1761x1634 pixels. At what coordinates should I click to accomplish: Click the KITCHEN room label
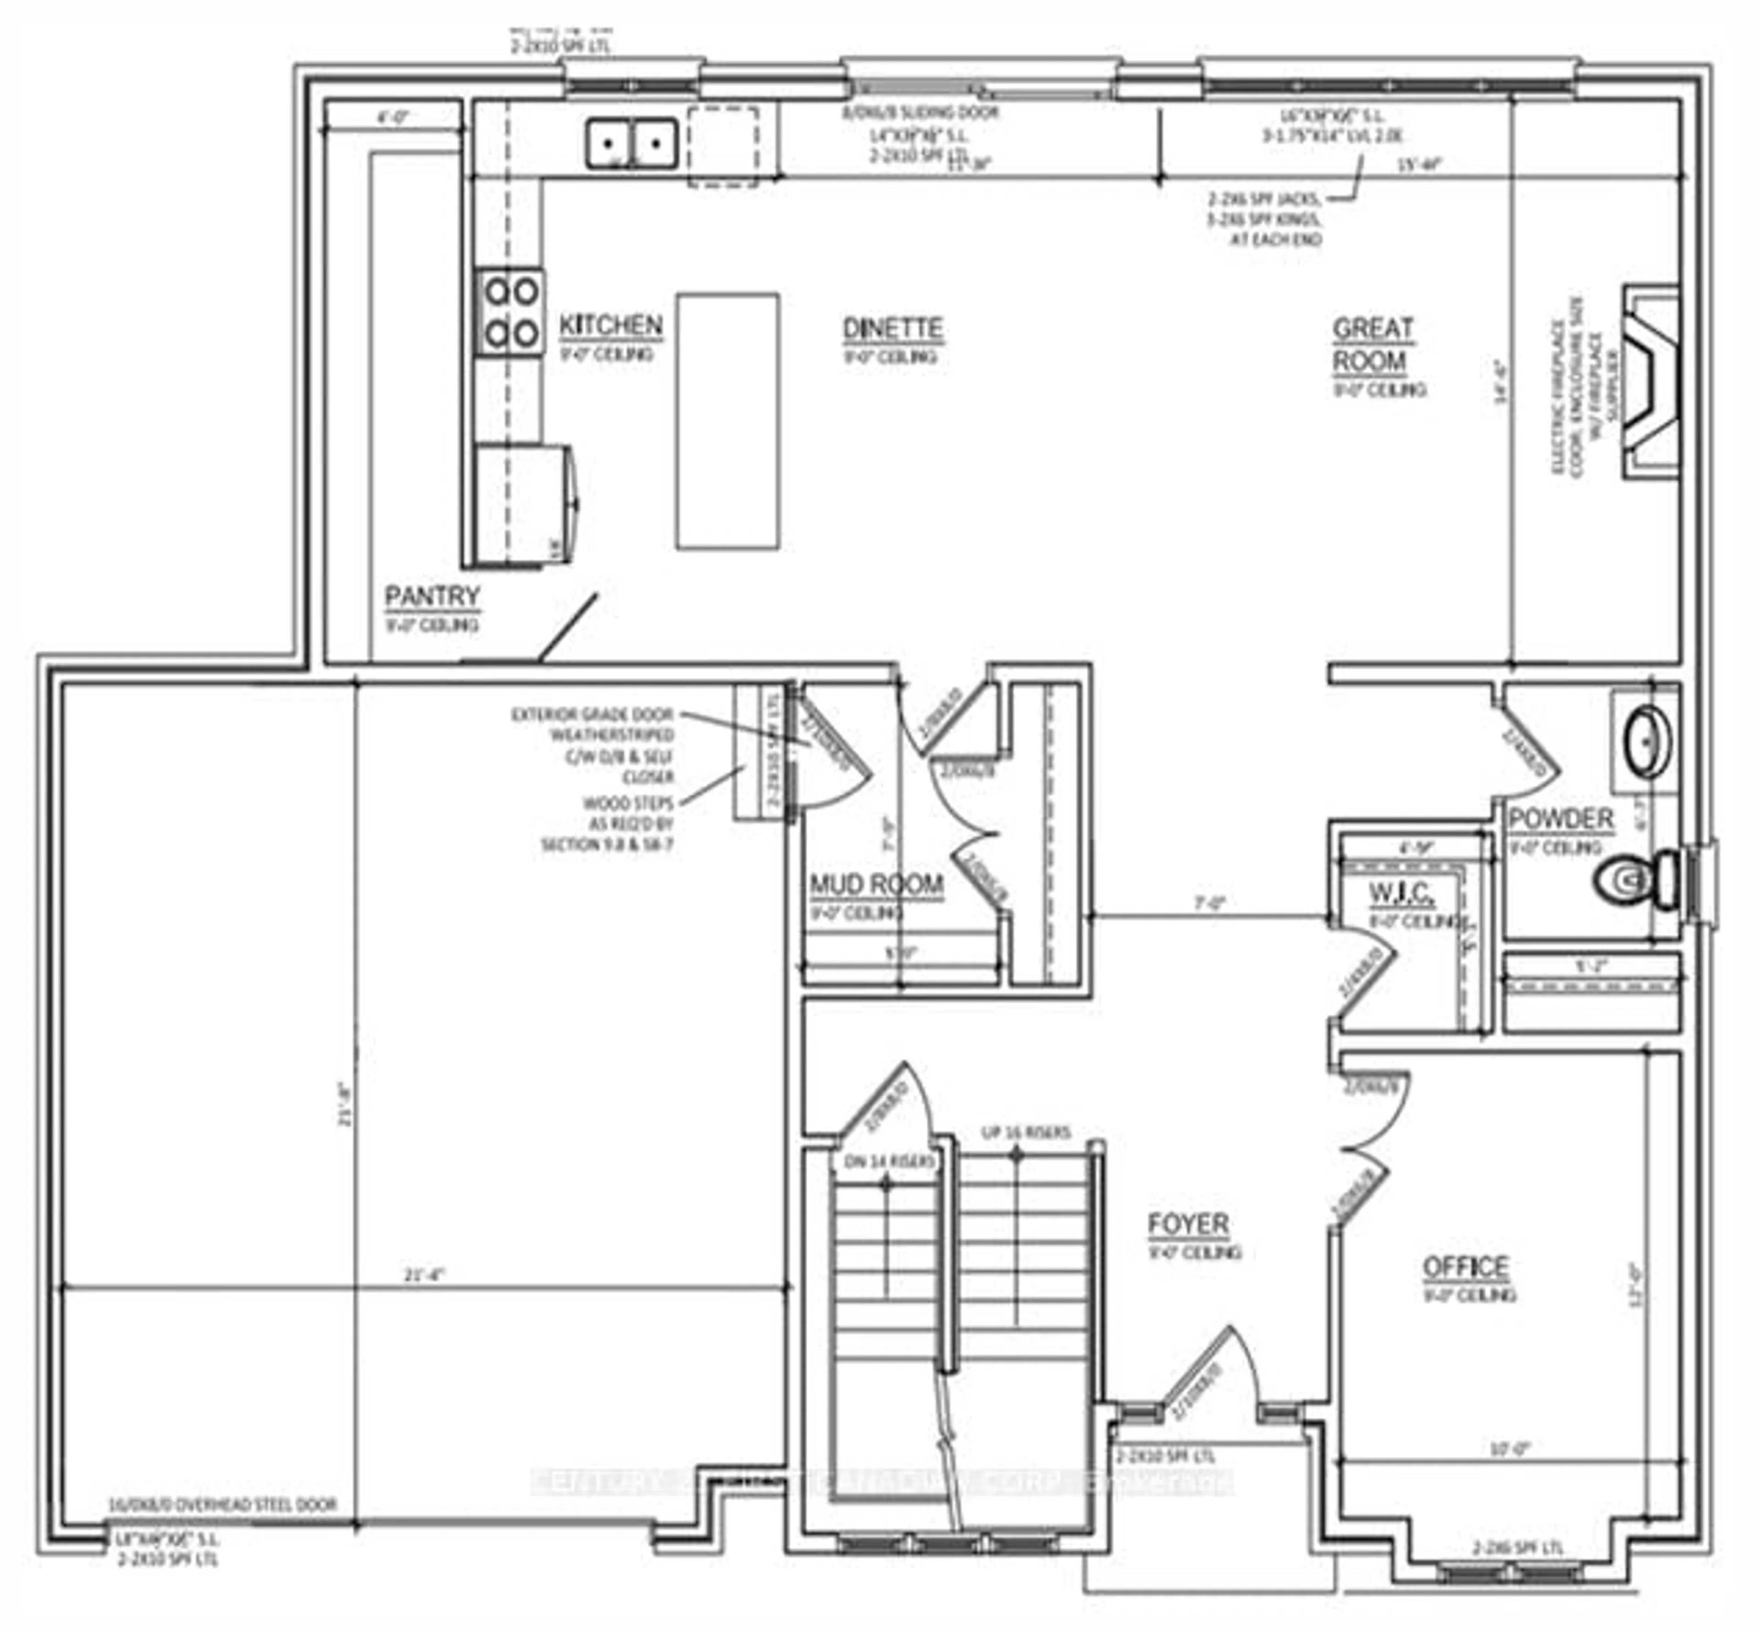click(x=610, y=326)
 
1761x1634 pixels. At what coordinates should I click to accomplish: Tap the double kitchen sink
click(x=631, y=143)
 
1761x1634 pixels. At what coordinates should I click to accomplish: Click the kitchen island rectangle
click(x=727, y=421)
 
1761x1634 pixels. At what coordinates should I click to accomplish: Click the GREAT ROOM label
click(x=1372, y=345)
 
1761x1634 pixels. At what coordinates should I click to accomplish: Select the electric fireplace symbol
click(x=1650, y=382)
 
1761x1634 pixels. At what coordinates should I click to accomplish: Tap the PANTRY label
click(x=432, y=597)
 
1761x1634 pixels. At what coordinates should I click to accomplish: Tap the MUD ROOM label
click(x=876, y=884)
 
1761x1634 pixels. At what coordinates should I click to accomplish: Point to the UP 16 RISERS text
click(x=1025, y=1133)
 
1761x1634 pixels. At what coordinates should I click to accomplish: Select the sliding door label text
click(x=919, y=113)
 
